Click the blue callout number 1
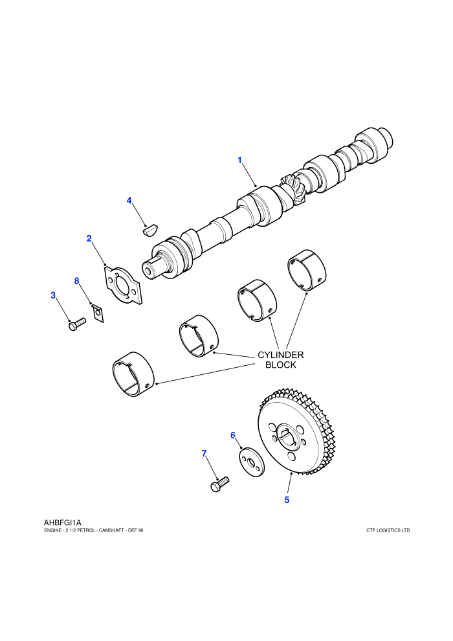[x=240, y=161]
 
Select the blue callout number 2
[x=89, y=238]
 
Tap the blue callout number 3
[x=53, y=295]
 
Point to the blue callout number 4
[x=129, y=201]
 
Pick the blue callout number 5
[x=287, y=500]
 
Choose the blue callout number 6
[x=233, y=435]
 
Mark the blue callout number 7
[x=204, y=453]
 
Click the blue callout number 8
[x=77, y=281]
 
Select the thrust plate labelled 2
[x=122, y=286]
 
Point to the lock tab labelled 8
[x=98, y=313]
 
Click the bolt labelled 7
[x=219, y=484]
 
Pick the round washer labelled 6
[x=252, y=462]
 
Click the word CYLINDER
[x=281, y=355]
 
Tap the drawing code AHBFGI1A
[x=63, y=523]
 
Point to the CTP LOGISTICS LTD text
[x=388, y=531]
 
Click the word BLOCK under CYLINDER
[x=281, y=365]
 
